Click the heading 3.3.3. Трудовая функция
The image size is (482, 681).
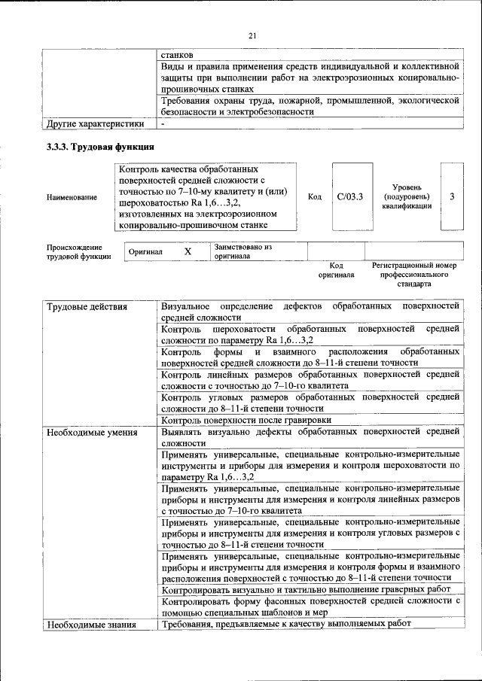tap(100, 147)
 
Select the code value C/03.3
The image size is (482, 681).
tap(350, 197)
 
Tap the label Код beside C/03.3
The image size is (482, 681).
tap(315, 197)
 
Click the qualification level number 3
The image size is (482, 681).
tap(451, 197)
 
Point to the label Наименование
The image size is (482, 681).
tap(72, 197)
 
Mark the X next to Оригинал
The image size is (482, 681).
tap(188, 252)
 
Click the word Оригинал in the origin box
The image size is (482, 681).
tap(145, 252)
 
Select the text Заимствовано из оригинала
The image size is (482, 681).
tap(243, 251)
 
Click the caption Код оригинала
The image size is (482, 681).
tap(336, 271)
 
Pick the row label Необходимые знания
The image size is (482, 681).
tap(90, 625)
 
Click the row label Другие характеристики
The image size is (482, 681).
tap(95, 123)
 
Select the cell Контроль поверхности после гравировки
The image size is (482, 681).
tap(246, 420)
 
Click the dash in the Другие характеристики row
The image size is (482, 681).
tap(163, 123)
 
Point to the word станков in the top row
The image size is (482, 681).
tap(177, 55)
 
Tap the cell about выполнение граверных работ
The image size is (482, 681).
tap(307, 589)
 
